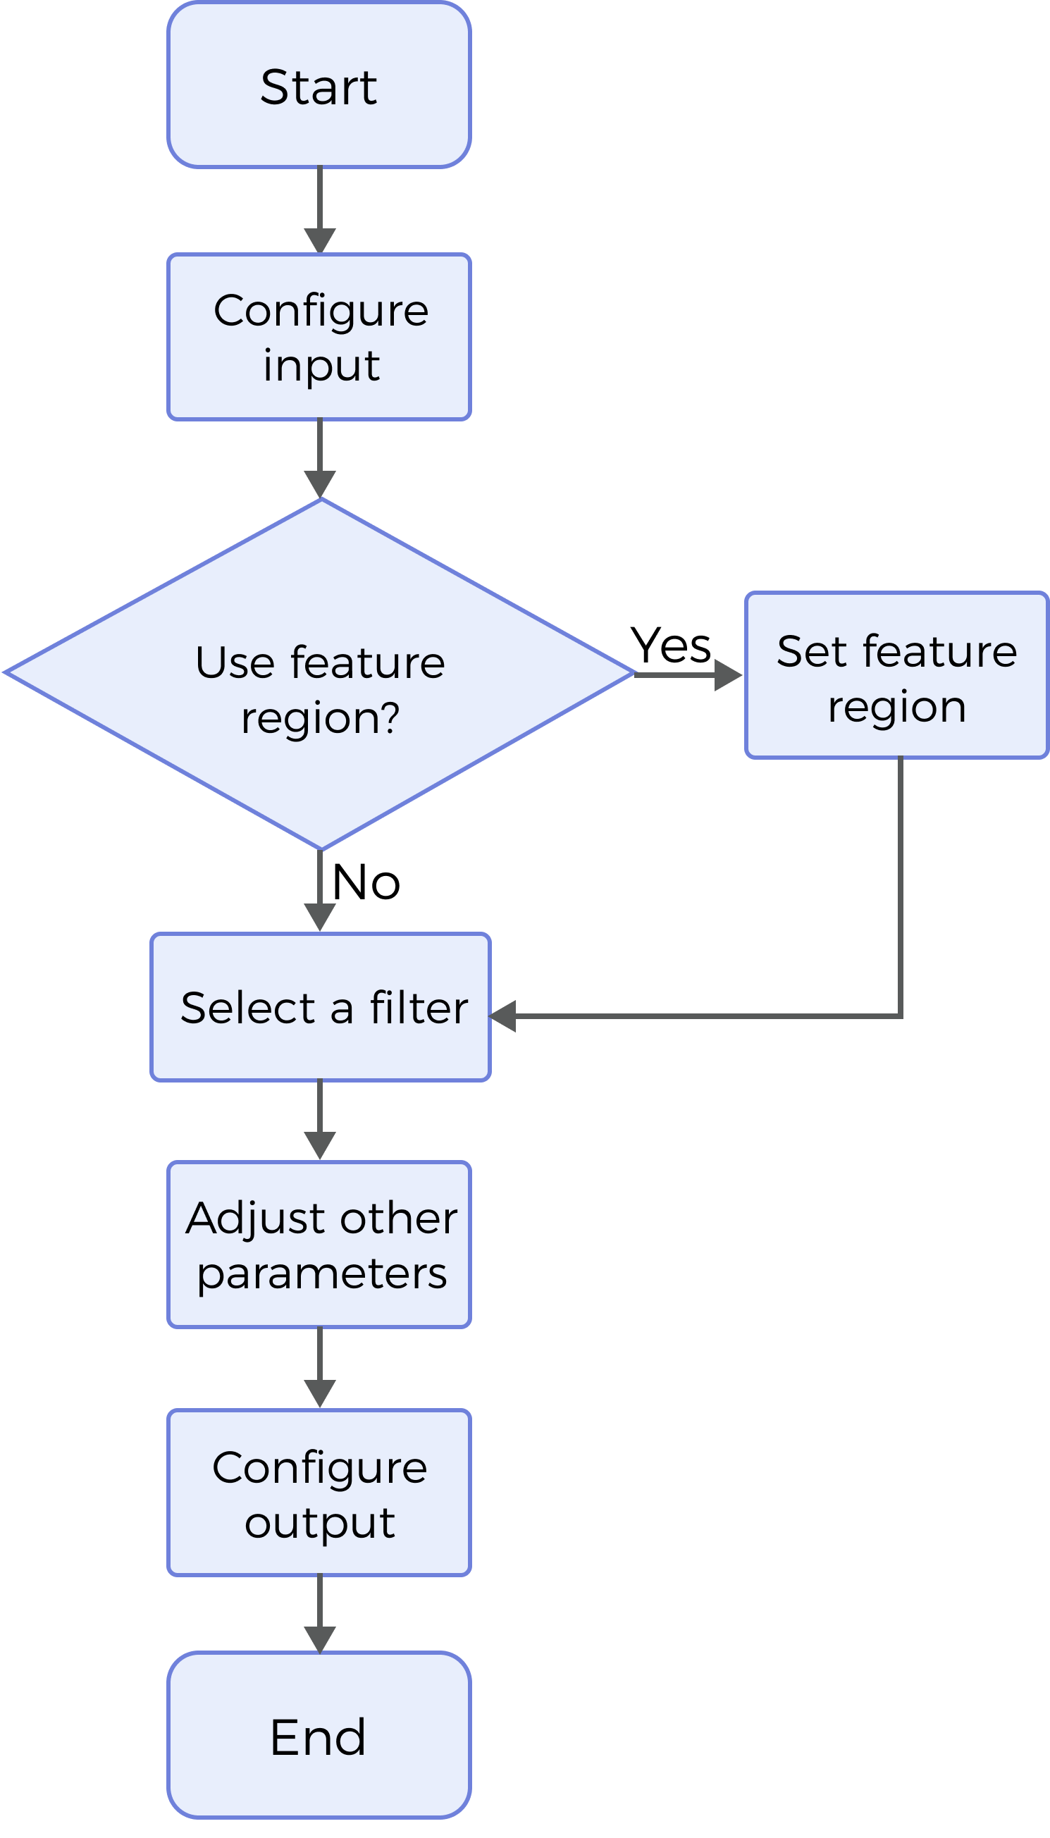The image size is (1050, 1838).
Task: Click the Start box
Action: tap(319, 85)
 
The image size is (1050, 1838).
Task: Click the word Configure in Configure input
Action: tap(321, 312)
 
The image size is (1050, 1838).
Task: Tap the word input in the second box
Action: tap(321, 366)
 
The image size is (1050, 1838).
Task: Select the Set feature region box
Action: tap(896, 676)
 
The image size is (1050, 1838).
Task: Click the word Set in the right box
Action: tap(811, 652)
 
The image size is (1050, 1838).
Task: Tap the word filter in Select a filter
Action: tap(419, 1008)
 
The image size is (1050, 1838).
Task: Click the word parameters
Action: tap(321, 1273)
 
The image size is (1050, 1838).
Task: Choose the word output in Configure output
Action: tap(319, 1523)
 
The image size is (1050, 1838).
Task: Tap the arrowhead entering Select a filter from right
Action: tap(503, 1016)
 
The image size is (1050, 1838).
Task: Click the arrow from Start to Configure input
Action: tap(319, 209)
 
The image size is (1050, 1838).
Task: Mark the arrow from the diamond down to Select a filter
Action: tap(319, 890)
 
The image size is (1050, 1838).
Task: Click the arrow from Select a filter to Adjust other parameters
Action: tap(319, 1119)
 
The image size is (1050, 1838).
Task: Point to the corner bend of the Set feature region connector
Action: tap(901, 1016)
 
